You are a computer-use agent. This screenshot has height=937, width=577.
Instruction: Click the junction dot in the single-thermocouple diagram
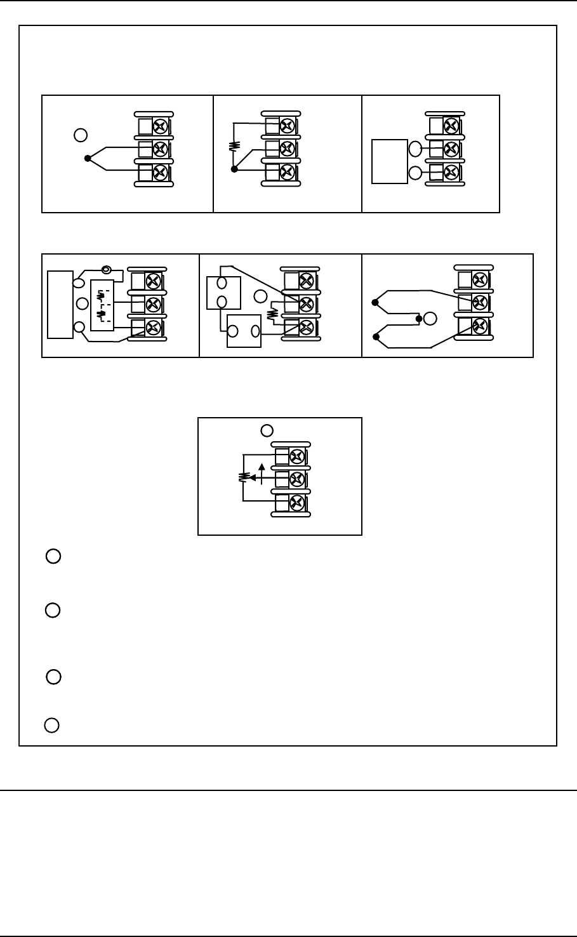tap(88, 158)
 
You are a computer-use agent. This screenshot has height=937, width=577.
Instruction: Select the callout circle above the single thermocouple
tap(80, 135)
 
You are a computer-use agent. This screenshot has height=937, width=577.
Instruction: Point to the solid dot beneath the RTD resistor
tap(234, 169)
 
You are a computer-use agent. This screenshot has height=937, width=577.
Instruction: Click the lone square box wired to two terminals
tap(389, 161)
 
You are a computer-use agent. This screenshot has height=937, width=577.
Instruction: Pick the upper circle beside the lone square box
tap(415, 149)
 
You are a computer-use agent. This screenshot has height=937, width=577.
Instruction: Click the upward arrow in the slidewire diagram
tap(263, 470)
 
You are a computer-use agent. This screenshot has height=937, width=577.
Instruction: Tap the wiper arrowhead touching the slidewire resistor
tap(253, 478)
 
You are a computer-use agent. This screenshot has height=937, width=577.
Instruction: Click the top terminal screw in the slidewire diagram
tap(295, 456)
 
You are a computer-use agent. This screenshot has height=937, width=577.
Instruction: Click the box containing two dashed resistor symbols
tap(101, 305)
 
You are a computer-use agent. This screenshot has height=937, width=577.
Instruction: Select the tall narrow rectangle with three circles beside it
tap(60, 304)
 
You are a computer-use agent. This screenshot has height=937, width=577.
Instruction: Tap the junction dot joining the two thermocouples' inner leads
tap(419, 319)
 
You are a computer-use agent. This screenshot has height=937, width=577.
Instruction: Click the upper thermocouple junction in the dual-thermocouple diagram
tap(375, 303)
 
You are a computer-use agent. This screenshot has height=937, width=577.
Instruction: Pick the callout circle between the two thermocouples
tap(430, 319)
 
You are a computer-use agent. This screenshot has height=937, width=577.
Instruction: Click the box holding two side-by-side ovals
tap(244, 331)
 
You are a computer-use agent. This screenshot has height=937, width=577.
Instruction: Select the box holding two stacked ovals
tap(223, 292)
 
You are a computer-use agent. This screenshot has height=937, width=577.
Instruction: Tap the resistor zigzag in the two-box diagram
tap(274, 314)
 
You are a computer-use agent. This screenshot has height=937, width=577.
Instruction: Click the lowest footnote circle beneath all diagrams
tap(53, 725)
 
